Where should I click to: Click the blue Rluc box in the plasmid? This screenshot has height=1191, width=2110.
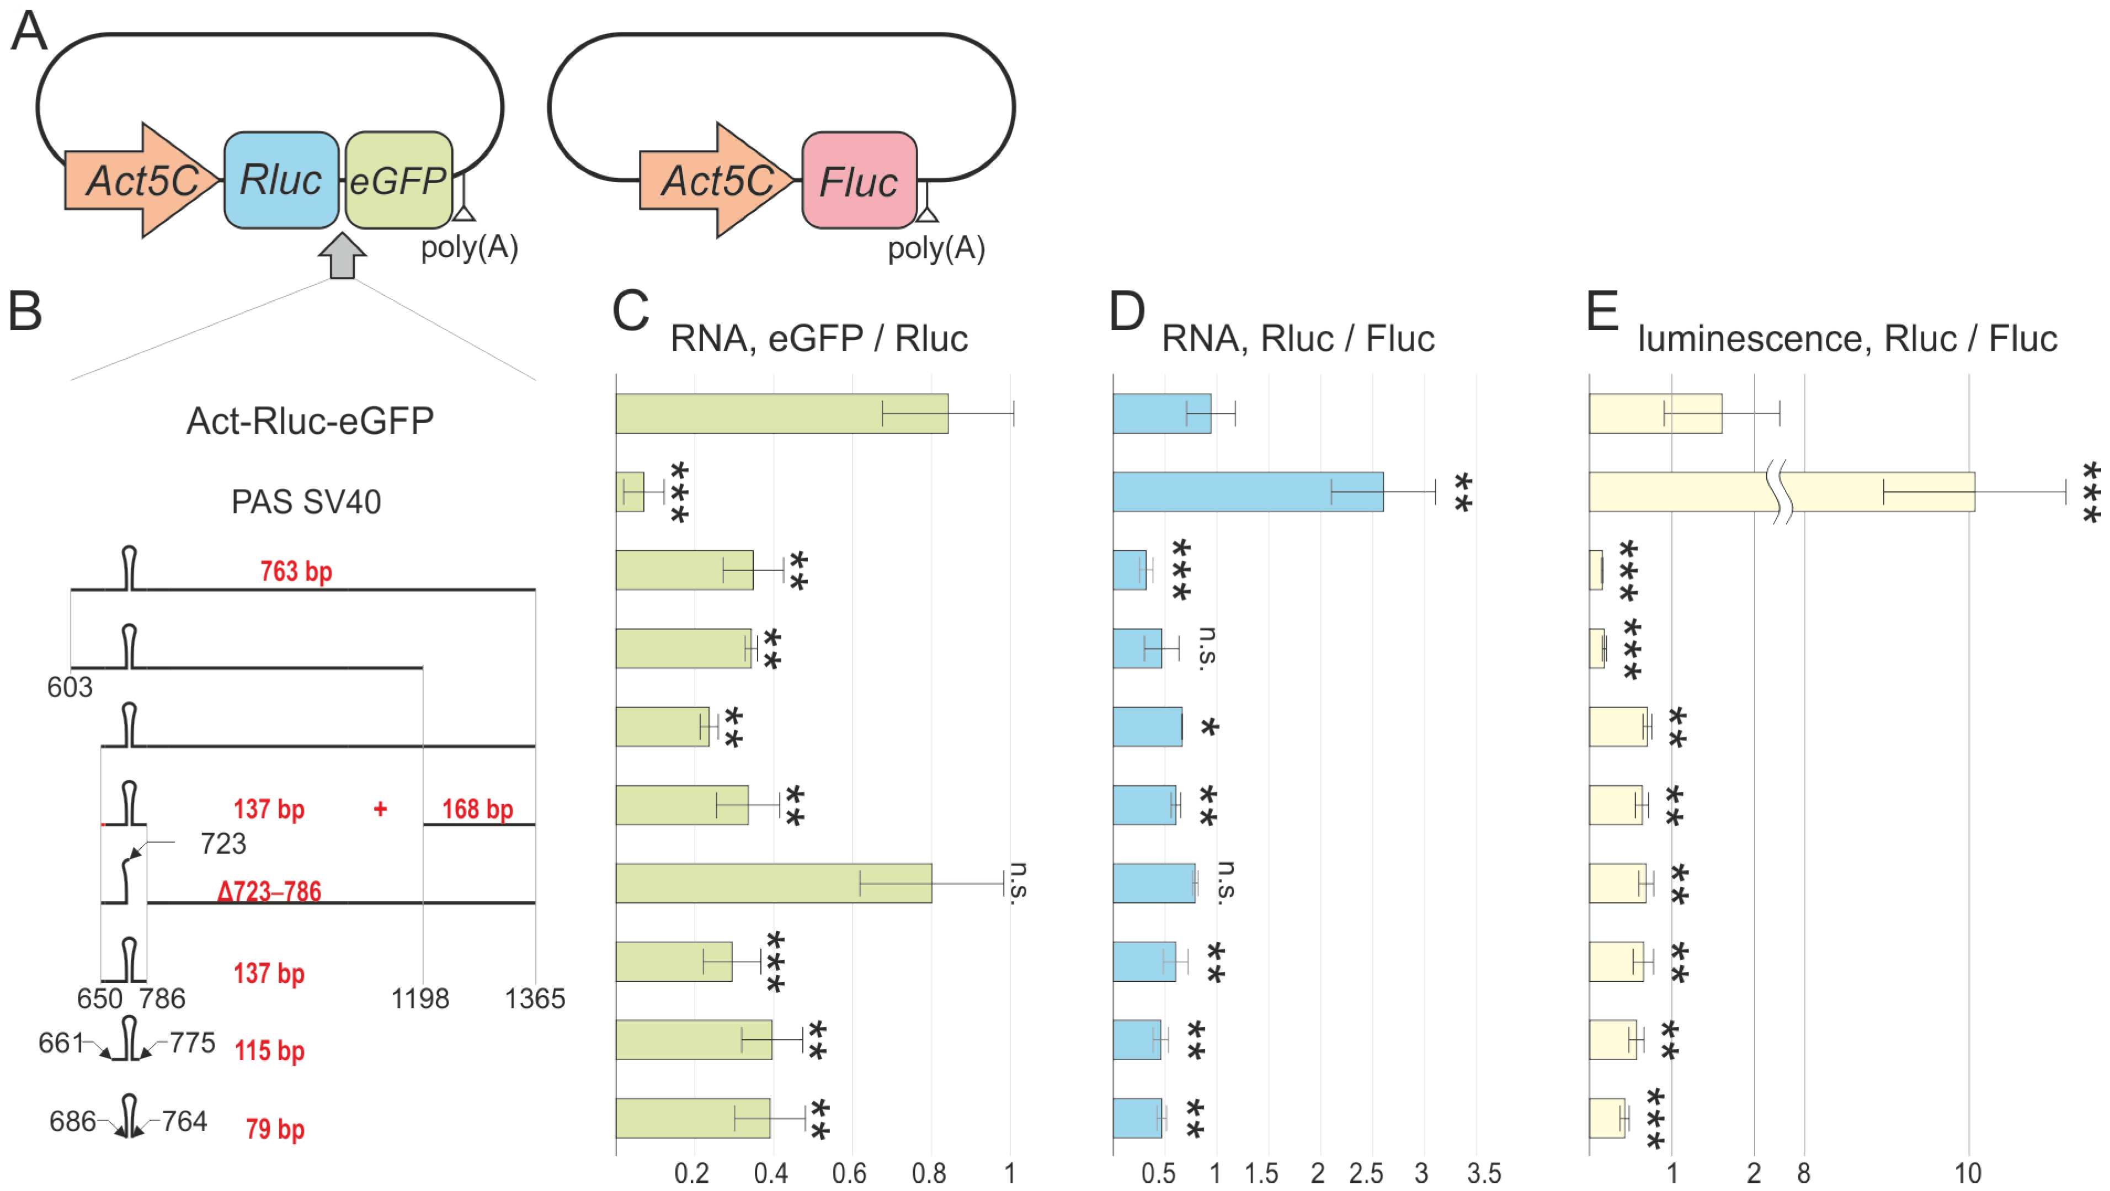tap(281, 180)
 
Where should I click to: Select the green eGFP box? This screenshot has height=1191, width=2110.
tap(398, 180)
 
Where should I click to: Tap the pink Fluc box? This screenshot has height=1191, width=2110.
tap(859, 180)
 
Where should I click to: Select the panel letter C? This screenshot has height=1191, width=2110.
tap(631, 312)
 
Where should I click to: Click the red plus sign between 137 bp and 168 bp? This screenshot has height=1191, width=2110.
tap(380, 809)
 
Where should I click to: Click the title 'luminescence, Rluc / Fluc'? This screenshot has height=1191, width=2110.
tap(1847, 339)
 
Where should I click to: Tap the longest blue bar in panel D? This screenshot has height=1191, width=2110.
tap(1248, 492)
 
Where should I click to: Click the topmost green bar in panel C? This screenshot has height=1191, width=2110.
tap(781, 414)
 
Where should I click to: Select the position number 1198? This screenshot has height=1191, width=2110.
tap(420, 998)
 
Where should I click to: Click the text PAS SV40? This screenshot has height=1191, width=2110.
tap(306, 501)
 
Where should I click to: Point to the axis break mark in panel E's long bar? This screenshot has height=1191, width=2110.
tap(1778, 492)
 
